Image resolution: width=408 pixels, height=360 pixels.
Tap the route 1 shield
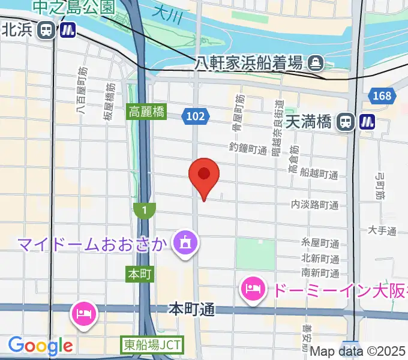(x=145, y=210)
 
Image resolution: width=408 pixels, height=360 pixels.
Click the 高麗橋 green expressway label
(x=146, y=112)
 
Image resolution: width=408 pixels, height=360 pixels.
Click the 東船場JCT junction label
(x=153, y=345)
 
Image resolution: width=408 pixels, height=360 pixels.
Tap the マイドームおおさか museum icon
(x=182, y=243)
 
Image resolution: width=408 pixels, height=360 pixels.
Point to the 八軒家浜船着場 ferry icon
(x=314, y=62)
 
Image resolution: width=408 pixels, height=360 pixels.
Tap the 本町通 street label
(x=191, y=310)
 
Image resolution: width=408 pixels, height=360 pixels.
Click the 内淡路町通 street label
(x=315, y=205)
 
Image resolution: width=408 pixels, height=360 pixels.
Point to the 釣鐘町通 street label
(x=248, y=149)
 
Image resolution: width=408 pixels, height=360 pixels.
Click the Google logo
(x=40, y=346)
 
